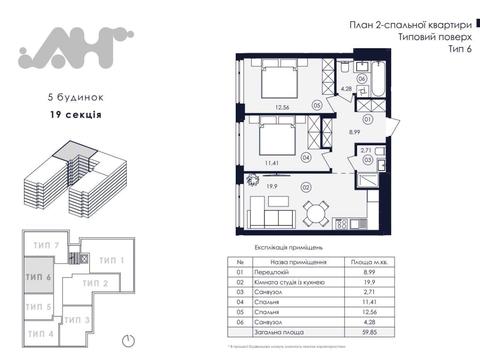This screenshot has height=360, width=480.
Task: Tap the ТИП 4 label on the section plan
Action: pos(40,332)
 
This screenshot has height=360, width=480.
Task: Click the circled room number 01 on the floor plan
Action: pos(368,118)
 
